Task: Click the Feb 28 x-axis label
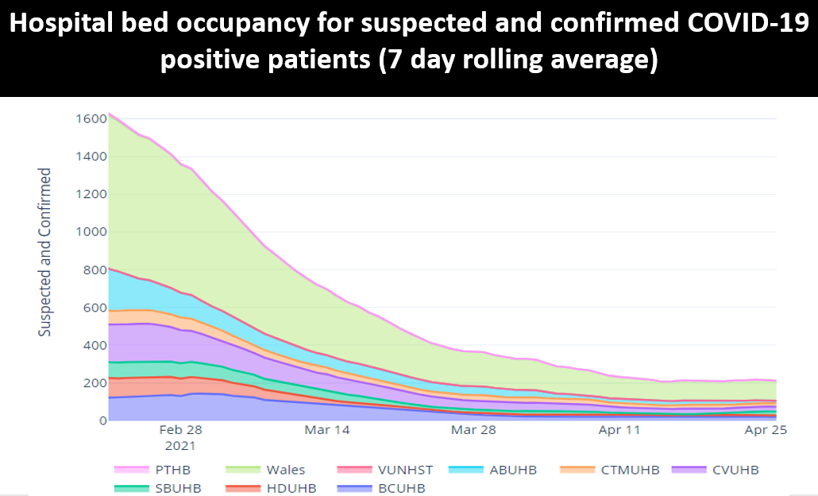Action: [x=181, y=430]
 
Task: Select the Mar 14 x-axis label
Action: [x=328, y=430]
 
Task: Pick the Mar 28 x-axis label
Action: [x=474, y=430]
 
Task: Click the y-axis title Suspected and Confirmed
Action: [x=45, y=252]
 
